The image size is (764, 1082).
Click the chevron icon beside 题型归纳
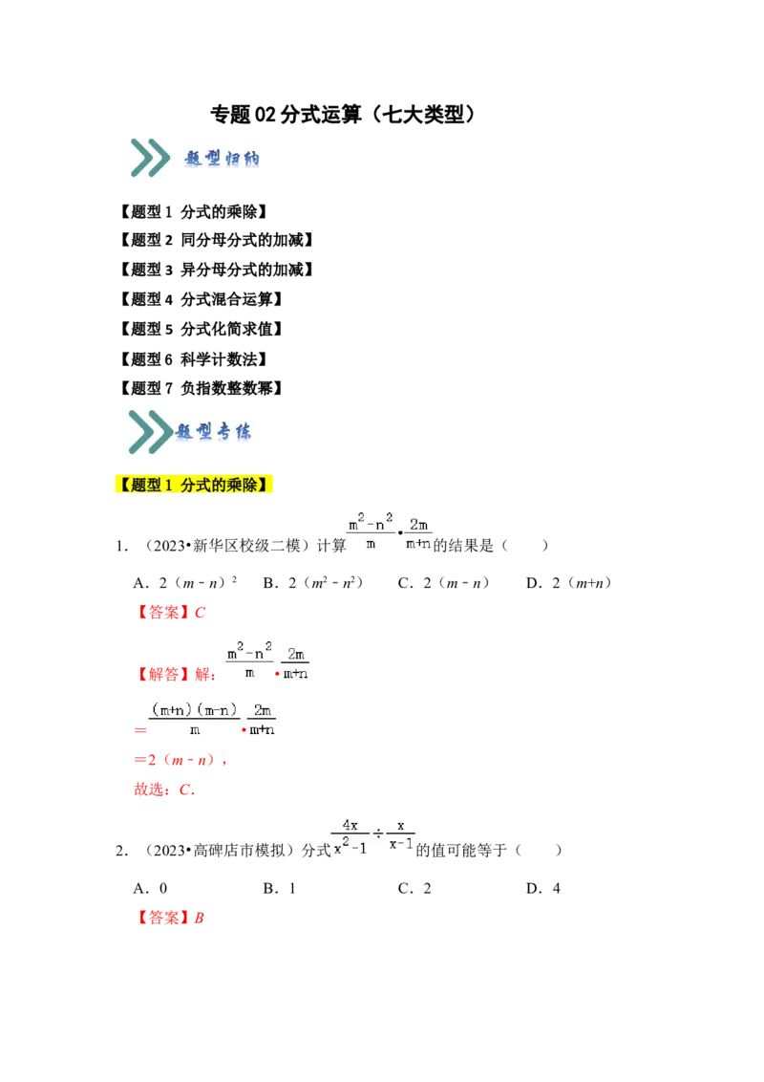coord(150,158)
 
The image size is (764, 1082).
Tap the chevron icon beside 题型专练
coord(150,433)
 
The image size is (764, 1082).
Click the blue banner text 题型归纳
coord(222,159)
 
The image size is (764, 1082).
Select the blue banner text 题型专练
coord(214,433)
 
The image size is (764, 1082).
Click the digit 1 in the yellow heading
coord(168,486)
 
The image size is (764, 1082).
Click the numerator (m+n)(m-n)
coord(194,709)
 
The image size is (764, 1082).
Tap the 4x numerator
coord(349,826)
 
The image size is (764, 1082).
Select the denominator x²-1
coord(350,847)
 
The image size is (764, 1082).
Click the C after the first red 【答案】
coord(200,613)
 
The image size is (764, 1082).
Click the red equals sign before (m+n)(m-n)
coord(138,731)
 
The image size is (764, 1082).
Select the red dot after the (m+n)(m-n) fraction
coord(244,730)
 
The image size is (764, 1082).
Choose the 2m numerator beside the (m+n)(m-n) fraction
coord(264,710)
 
